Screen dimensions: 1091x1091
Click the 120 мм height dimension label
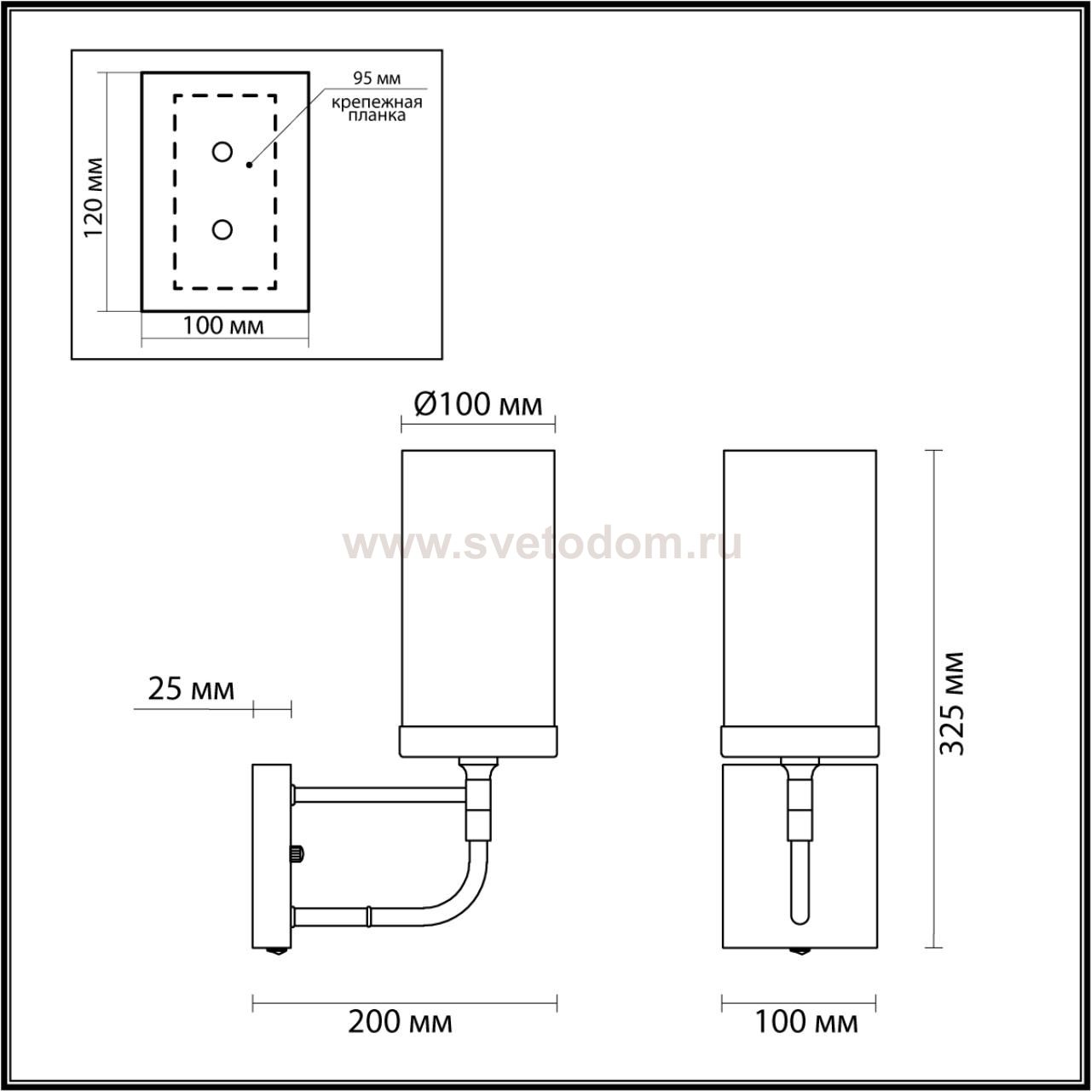[94, 198]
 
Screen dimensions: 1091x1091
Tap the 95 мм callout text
[377, 78]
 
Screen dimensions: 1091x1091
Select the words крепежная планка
[377, 109]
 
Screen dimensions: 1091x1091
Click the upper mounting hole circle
[222, 152]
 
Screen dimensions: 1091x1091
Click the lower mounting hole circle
[222, 229]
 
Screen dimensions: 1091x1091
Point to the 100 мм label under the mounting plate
[223, 326]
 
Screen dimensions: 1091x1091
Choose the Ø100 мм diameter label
[478, 404]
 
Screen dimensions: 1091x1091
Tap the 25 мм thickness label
[191, 690]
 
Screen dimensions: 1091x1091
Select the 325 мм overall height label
[952, 704]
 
